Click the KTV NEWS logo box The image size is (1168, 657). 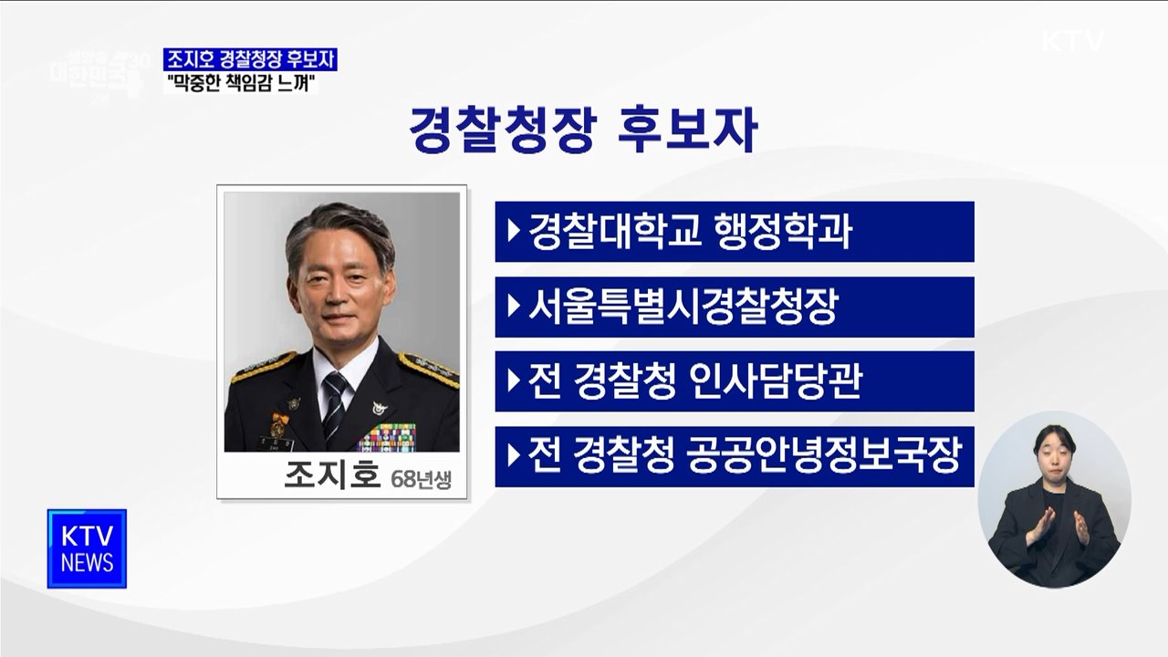(87, 548)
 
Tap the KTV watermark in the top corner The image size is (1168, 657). (1072, 42)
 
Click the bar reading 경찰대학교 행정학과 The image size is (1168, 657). (735, 232)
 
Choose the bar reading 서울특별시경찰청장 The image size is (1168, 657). (735, 307)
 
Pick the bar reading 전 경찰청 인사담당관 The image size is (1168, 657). (735, 381)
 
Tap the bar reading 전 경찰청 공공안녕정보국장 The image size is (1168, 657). (735, 456)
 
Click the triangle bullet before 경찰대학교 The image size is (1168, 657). (514, 232)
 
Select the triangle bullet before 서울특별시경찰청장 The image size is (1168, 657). (514, 307)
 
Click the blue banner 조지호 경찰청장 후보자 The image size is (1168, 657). (249, 59)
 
